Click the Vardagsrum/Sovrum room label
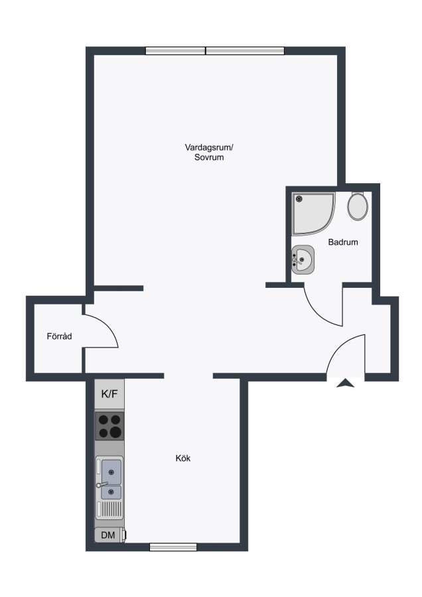tap(209, 152)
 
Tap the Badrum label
tap(343, 241)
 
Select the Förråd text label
tap(60, 336)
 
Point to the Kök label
tap(183, 458)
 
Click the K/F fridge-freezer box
tap(109, 394)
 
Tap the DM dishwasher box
tap(109, 535)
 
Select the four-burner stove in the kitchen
tap(109, 426)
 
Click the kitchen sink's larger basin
tap(111, 472)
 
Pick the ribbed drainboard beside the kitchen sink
tap(109, 509)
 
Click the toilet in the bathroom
tap(358, 206)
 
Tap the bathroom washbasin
tap(303, 259)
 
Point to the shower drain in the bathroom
tap(299, 199)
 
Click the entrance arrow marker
tap(346, 383)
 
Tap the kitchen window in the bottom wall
tap(173, 547)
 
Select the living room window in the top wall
tap(215, 50)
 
